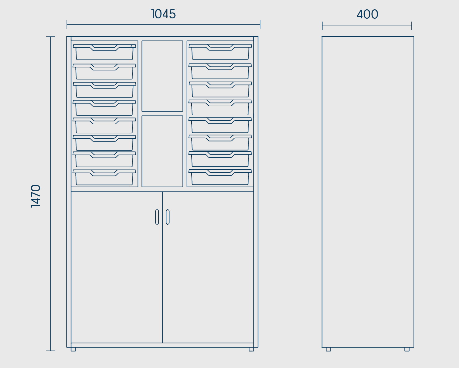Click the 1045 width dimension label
[x=163, y=14]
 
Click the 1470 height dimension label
[x=36, y=196]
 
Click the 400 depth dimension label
[x=367, y=14]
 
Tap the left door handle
[x=157, y=217]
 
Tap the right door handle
[x=168, y=217]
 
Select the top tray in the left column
[x=104, y=52]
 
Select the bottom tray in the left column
[x=104, y=177]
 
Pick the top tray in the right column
[x=220, y=52]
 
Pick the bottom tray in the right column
[x=220, y=177]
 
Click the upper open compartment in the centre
[x=162, y=76]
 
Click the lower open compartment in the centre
[x=162, y=151]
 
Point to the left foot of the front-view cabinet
[x=73, y=349]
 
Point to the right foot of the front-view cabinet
[x=251, y=349]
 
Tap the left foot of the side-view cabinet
[x=328, y=349]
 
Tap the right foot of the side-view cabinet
[x=407, y=349]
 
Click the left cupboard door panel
[x=117, y=267]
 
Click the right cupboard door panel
[x=208, y=267]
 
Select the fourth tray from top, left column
[x=104, y=108]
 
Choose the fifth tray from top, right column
[x=220, y=125]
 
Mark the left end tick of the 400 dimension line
[x=322, y=26]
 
